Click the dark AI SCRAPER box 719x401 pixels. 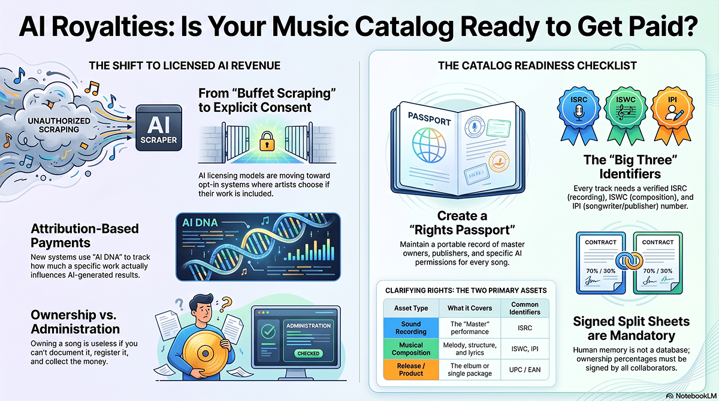159,127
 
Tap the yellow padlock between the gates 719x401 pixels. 267,141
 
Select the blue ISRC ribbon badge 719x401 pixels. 579,116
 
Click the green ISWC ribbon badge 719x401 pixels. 626,116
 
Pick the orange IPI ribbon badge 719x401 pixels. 672,116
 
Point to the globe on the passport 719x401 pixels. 429,145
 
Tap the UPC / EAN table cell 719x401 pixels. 525,370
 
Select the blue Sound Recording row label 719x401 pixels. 411,327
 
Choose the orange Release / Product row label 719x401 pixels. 411,370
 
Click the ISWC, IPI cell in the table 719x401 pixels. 525,349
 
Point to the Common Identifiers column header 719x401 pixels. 525,308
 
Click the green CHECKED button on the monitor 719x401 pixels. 308,353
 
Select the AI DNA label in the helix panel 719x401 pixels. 200,223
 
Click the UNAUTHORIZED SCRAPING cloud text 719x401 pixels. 59,125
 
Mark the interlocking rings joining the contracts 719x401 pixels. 629,261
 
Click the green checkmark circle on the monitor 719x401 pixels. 268,331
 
